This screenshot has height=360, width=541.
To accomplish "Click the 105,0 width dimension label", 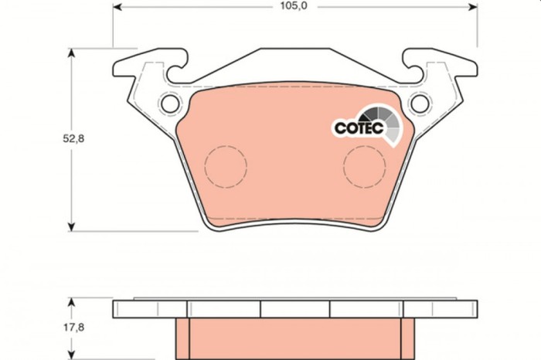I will point(294,7).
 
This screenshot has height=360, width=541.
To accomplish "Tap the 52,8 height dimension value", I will point(52,139).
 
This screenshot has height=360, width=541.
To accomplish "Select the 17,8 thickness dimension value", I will point(53,328).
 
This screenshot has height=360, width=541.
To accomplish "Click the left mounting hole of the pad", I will point(168,103).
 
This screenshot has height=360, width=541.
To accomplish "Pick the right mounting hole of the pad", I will point(420,102).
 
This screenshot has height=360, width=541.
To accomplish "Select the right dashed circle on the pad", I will point(364,165).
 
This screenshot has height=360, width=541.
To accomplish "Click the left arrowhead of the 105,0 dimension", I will point(118,7).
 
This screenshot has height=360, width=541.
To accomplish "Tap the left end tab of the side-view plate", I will point(123,309).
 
